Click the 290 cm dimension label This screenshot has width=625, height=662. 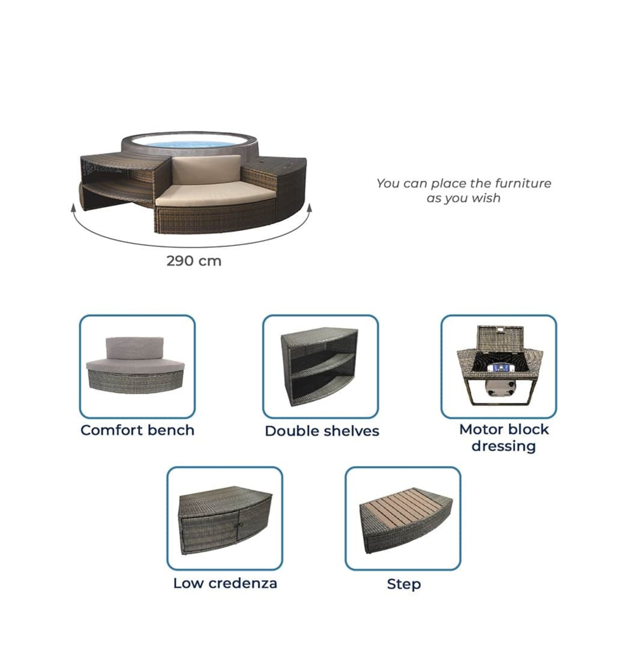tap(194, 261)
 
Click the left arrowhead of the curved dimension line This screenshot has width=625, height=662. tap(73, 207)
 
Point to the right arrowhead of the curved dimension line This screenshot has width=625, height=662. tap(309, 208)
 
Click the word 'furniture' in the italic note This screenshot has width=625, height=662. tap(523, 183)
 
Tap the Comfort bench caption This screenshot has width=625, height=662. tap(137, 430)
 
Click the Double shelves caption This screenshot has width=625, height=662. tap(322, 431)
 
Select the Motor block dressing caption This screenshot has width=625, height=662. tap(504, 437)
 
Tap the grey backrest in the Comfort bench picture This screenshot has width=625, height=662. tap(134, 348)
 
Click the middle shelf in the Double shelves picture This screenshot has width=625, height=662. tap(322, 366)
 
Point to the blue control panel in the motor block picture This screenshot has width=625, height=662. tap(498, 368)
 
